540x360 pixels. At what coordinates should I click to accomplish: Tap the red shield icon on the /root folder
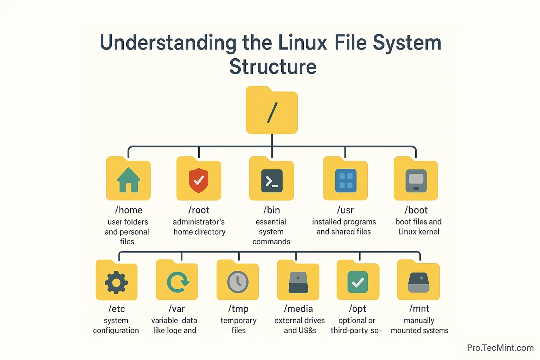click(x=199, y=180)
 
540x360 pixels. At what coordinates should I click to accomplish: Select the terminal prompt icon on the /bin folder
click(x=272, y=181)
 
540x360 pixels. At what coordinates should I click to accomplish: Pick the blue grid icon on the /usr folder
click(x=346, y=181)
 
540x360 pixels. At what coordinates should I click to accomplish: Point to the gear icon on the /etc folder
click(x=116, y=282)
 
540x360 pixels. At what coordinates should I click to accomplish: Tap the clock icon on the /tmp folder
click(x=238, y=282)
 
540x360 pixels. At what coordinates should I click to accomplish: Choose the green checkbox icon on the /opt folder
click(x=358, y=282)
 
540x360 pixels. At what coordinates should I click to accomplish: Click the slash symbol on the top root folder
click(x=272, y=112)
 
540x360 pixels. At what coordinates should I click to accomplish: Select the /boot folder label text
click(x=416, y=210)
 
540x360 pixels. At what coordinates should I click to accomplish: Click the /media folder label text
click(x=298, y=309)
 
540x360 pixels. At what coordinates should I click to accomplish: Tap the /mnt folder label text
click(x=419, y=309)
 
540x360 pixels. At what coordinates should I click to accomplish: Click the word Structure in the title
click(x=273, y=67)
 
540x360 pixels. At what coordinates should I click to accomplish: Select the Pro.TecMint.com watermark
click(x=500, y=348)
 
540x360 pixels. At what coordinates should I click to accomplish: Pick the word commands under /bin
click(x=271, y=242)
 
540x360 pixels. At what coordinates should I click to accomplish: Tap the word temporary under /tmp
click(x=238, y=321)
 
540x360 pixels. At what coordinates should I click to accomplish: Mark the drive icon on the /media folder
click(x=298, y=283)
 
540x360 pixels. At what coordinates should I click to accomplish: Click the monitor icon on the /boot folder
click(x=416, y=181)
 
